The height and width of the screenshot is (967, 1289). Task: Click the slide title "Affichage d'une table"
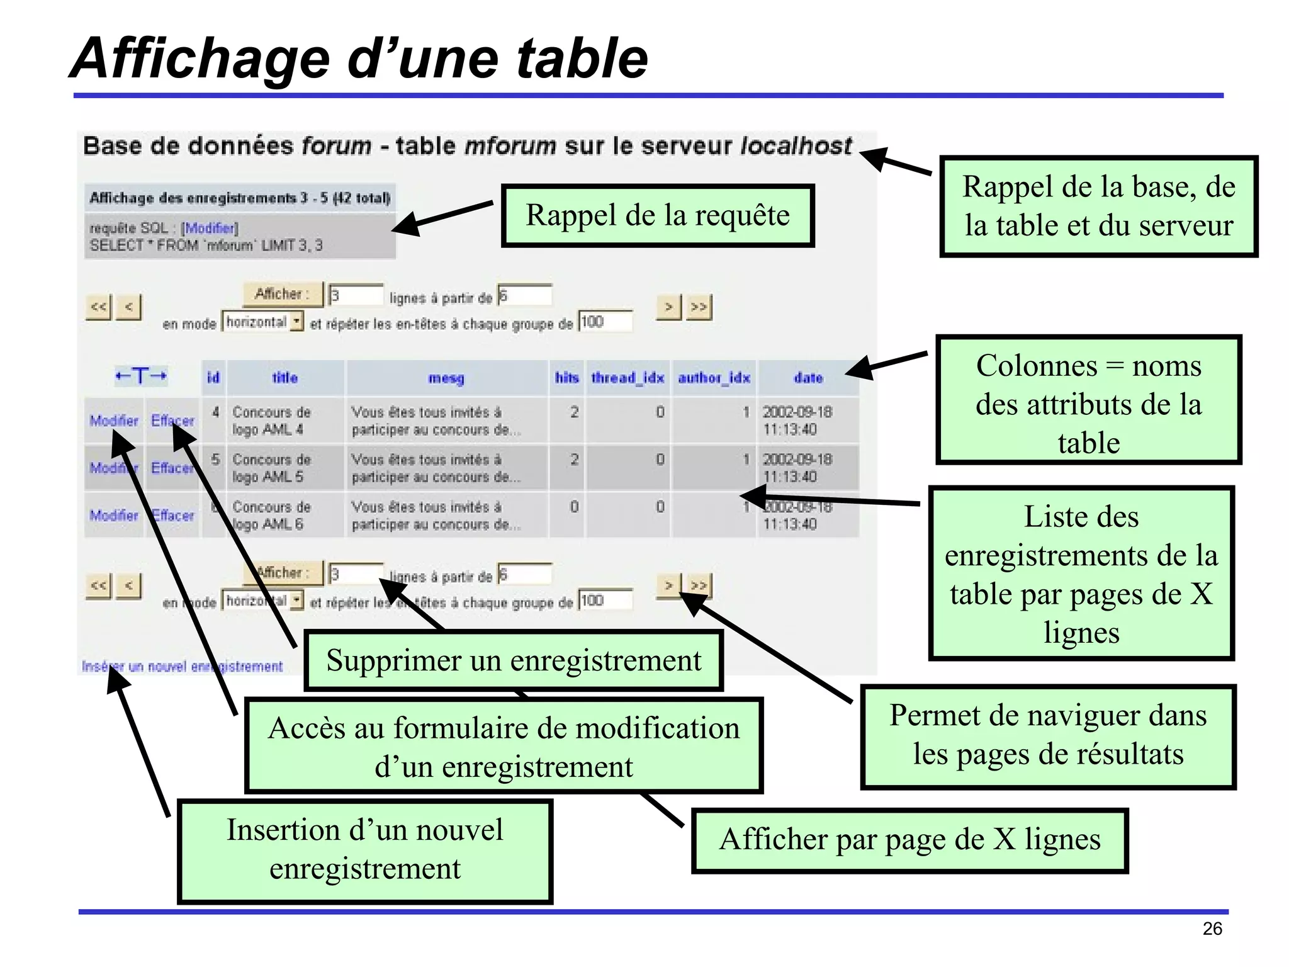pyautogui.click(x=359, y=58)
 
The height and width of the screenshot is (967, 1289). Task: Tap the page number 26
pyautogui.click(x=1212, y=929)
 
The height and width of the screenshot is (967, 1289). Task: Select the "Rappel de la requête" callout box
pyautogui.click(x=658, y=215)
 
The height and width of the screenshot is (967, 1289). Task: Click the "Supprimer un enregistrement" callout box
pyautogui.click(x=514, y=660)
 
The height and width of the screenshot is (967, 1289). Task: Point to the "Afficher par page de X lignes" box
pyautogui.click(x=909, y=840)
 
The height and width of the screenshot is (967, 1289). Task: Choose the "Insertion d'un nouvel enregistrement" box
pyautogui.click(x=364, y=850)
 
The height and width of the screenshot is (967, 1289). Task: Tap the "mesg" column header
pyautogui.click(x=446, y=378)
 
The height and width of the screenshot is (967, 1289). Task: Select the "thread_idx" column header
pyautogui.click(x=628, y=378)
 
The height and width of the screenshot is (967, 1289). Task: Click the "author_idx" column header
pyautogui.click(x=714, y=378)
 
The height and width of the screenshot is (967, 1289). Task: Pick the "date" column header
pyautogui.click(x=808, y=378)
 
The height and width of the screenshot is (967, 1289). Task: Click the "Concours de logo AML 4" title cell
pyautogui.click(x=271, y=421)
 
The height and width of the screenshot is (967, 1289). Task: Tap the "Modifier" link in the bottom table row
pyautogui.click(x=113, y=515)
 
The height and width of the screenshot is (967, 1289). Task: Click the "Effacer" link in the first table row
pyautogui.click(x=172, y=420)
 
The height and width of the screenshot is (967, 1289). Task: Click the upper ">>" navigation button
pyautogui.click(x=699, y=307)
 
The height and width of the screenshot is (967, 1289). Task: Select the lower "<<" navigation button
pyautogui.click(x=98, y=585)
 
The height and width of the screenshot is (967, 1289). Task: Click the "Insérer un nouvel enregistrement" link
pyautogui.click(x=182, y=666)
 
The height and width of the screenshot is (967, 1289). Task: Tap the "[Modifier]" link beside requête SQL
pyautogui.click(x=210, y=228)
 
